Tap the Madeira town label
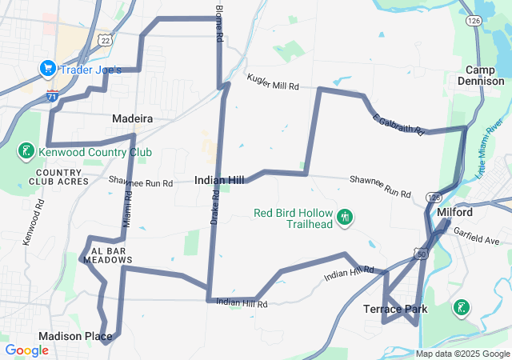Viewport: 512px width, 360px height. click(x=132, y=118)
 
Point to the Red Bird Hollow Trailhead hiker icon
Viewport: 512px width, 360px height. click(x=346, y=217)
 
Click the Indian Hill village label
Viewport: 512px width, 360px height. click(x=219, y=181)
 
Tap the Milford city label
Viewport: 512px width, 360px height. click(x=455, y=212)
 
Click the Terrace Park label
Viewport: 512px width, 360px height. click(x=395, y=309)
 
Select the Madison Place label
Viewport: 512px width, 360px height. click(x=75, y=336)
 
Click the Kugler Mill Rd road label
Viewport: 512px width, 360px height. click(x=272, y=82)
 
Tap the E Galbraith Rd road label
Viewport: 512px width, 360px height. click(x=397, y=124)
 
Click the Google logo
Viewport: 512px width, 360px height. click(x=26, y=350)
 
